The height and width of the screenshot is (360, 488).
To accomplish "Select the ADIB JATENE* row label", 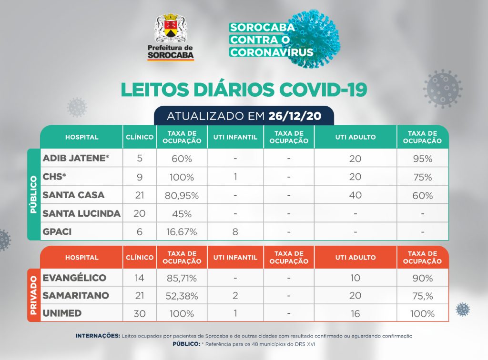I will [76, 158].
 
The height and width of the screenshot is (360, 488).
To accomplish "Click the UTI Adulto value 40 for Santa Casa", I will [355, 195].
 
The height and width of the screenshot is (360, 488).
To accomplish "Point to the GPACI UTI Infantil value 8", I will [235, 232].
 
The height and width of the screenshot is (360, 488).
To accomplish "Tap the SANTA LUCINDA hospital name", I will [81, 213].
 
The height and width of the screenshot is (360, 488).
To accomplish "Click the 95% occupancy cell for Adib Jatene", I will [422, 159].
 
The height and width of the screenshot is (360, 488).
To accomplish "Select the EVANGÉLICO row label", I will [74, 278].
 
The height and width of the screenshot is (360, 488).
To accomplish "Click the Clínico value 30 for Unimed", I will [139, 314].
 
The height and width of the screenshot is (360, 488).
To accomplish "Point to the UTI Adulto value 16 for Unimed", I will [355, 314].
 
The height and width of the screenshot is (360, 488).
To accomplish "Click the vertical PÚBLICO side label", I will [33, 194].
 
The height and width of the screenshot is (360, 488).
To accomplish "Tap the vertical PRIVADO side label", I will [33, 295].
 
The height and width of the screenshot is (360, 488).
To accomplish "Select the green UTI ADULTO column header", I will [355, 137].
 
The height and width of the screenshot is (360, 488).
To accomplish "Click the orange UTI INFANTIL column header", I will [235, 258].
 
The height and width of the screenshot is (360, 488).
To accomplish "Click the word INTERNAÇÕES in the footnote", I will [98, 336].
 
